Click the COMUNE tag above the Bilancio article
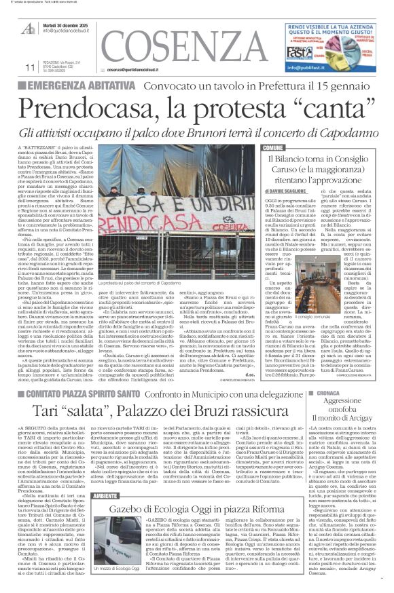pos(273,148)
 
